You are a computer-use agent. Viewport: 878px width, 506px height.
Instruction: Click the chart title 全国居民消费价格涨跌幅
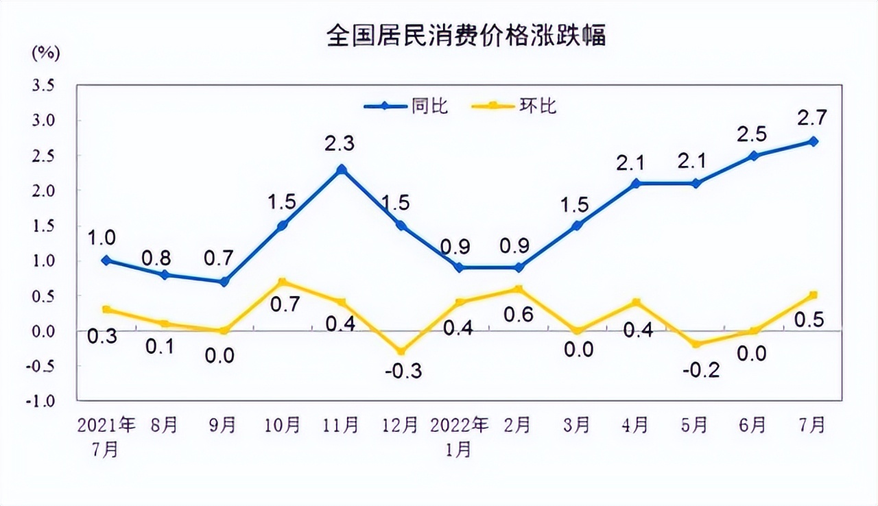pos(466,36)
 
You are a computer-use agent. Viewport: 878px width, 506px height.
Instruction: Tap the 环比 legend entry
pos(538,106)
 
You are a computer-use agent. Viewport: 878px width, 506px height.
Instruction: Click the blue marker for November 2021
pos(341,169)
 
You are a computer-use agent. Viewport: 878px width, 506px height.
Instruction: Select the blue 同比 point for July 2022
pos(813,141)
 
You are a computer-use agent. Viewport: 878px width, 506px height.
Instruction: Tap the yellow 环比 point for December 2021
pos(400,352)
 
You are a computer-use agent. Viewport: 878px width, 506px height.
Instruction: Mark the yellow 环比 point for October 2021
pos(282,281)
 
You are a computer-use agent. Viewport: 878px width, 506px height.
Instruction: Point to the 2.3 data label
pos(341,144)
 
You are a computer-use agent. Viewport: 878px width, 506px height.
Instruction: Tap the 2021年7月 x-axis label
pos(106,437)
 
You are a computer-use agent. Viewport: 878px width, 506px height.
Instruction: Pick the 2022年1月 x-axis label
pos(459,437)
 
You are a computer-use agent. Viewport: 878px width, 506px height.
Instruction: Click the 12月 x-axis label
pos(400,426)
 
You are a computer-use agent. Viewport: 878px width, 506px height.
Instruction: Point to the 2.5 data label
pos(753,132)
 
